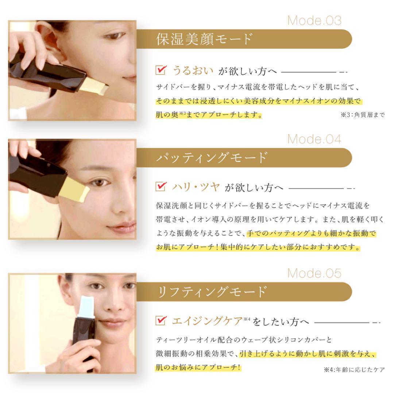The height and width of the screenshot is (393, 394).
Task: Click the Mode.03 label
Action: point(314,20)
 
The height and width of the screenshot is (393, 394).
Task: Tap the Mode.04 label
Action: point(314,139)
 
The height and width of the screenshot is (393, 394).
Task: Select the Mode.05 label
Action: point(314,273)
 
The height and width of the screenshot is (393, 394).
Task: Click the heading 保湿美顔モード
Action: point(204,39)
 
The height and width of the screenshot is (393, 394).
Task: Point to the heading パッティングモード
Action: point(212,158)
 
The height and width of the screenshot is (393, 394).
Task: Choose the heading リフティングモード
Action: point(212,292)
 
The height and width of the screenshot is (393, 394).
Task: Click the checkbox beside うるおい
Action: point(161,70)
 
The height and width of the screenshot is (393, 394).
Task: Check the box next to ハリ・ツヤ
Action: point(161,187)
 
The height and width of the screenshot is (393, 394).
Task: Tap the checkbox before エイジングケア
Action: point(161,321)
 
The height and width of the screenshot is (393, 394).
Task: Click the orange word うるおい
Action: point(192,70)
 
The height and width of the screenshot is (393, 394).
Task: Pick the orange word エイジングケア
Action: point(207,321)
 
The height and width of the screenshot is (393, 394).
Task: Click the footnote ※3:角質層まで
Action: point(362,115)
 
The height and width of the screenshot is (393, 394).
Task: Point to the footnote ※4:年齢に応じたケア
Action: point(354,370)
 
